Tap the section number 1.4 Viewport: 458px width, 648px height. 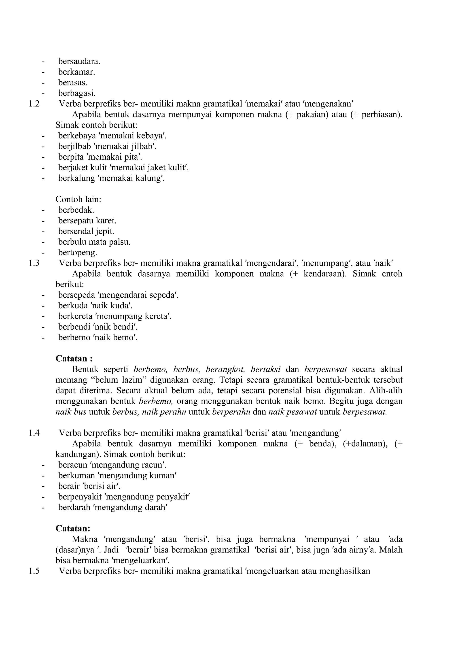pyautogui.click(x=34, y=433)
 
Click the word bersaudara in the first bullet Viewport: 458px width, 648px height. pyautogui.click(x=79, y=61)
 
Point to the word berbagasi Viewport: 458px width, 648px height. pyautogui.click(x=77, y=93)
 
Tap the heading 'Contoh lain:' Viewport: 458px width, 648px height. pyautogui.click(x=78, y=199)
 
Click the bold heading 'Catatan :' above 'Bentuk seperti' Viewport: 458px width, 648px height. pyautogui.click(x=74, y=358)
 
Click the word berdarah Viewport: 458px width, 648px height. pyautogui.click(x=74, y=507)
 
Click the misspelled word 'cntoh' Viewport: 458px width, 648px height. pyautogui.click(x=392, y=274)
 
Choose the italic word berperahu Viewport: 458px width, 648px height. pyautogui.click(x=231, y=412)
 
